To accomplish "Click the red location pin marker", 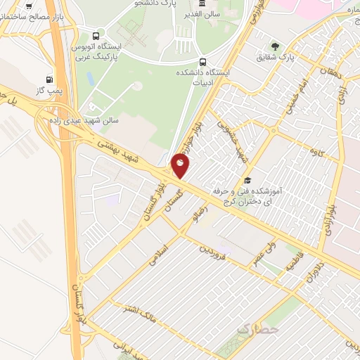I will click(181, 166).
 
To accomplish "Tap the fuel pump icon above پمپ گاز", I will click(49, 79).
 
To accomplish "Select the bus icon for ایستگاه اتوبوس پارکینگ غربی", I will click(96, 36).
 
